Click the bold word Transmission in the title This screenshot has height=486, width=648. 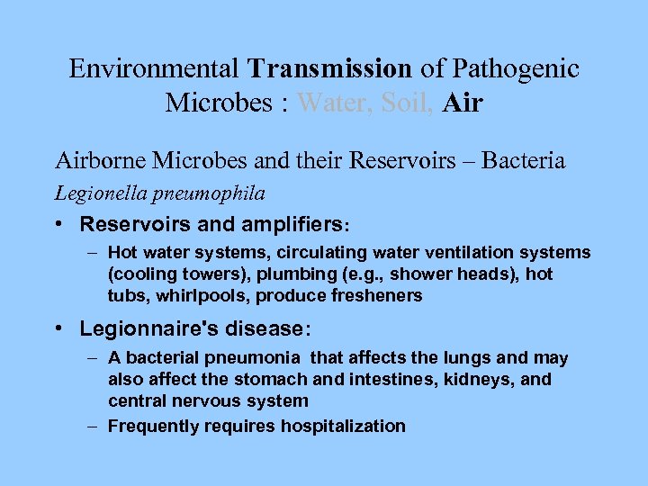pyautogui.click(x=330, y=68)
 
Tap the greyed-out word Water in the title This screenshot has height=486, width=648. pyautogui.click(x=335, y=103)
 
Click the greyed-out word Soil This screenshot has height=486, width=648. pyautogui.click(x=409, y=103)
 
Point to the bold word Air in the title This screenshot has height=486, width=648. pyautogui.click(x=464, y=103)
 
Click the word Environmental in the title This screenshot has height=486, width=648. pyautogui.click(x=153, y=68)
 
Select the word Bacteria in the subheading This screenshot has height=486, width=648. pyautogui.click(x=524, y=161)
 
